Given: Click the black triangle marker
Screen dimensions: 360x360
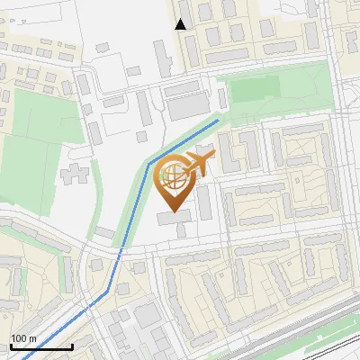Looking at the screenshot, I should [182, 24].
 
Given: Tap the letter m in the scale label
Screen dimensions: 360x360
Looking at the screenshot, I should [33, 338].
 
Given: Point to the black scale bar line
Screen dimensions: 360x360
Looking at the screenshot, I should [40, 347].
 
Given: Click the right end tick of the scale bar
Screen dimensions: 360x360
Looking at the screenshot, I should [72, 346].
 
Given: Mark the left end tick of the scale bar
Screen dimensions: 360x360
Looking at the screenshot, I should [10, 346].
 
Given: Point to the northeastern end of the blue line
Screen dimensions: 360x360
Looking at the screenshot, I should [219, 119].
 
